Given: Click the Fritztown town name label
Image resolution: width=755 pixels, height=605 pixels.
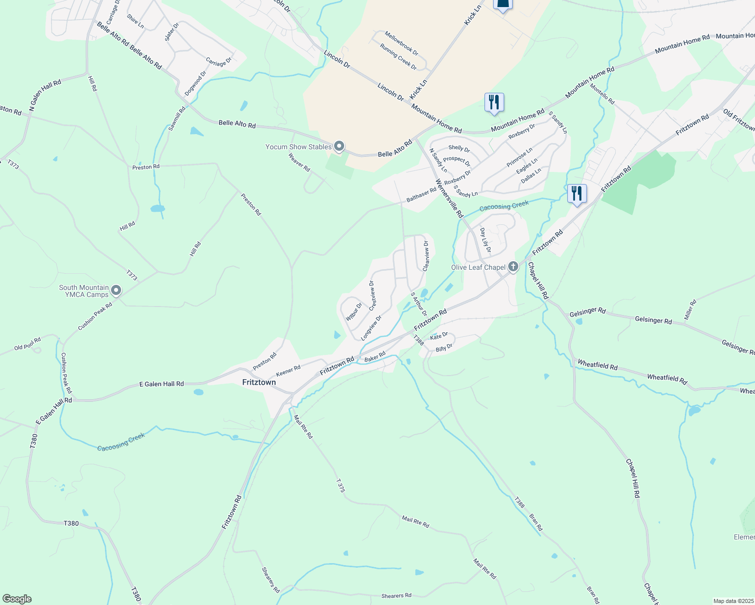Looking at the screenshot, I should tap(259, 382).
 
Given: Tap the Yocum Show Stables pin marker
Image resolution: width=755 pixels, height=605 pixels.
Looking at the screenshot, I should tap(339, 147).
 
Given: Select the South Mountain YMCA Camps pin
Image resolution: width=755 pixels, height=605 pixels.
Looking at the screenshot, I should tap(116, 290).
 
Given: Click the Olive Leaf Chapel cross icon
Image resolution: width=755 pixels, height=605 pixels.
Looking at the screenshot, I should tap(513, 267).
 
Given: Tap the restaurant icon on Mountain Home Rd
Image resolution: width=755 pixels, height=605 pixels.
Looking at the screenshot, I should tap(494, 102).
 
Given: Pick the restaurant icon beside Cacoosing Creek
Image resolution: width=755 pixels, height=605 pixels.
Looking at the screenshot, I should tap(576, 194).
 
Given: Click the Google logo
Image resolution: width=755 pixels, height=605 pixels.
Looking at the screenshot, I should tap(17, 599).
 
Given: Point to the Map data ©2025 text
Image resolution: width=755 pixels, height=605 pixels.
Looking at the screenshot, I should tap(733, 601).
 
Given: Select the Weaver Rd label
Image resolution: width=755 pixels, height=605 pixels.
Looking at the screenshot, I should tap(299, 162).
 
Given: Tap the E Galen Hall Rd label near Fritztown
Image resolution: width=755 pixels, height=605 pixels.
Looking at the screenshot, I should tap(161, 384).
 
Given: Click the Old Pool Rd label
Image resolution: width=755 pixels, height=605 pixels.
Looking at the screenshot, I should tap(27, 344).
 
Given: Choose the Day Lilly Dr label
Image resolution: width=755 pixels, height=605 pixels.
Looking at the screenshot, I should tap(485, 240).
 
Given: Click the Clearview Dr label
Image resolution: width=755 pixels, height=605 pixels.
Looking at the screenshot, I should tap(426, 256).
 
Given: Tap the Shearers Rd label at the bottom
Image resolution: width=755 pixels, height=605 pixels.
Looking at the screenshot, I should tap(396, 595).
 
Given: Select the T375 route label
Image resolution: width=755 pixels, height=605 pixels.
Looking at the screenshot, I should tap(341, 486).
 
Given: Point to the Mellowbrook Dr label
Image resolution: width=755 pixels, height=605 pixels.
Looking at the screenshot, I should tap(401, 43).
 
